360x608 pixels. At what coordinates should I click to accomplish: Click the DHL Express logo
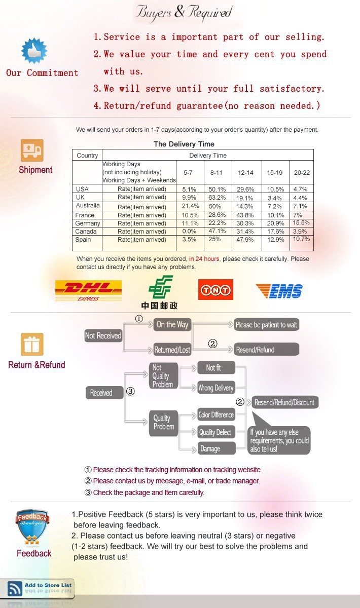pos(88,290)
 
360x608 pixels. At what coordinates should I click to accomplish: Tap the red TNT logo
pos(215,289)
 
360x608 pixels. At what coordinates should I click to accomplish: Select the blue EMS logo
pos(279,291)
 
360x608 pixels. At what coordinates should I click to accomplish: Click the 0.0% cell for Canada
pos(189,232)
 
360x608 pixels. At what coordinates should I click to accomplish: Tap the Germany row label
pos(87,223)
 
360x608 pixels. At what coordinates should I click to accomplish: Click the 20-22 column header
pos(302,173)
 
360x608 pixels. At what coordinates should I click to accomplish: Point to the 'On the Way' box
pos(172,325)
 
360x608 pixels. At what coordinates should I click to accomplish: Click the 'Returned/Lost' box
pos(172,350)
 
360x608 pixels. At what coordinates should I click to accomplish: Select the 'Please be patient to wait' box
pos(266,325)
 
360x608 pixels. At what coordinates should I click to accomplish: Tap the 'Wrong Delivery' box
pos(215,388)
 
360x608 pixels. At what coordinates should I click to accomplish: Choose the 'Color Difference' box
pos(216,415)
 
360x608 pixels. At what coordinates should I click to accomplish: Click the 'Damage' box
pos(216,448)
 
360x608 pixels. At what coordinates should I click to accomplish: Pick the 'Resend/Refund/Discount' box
pos(284,402)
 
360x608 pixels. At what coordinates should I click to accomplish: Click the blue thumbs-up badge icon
pos(34,51)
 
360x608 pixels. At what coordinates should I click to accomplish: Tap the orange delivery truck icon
pos(32,150)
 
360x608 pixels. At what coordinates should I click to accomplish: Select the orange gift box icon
pos(32,345)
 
